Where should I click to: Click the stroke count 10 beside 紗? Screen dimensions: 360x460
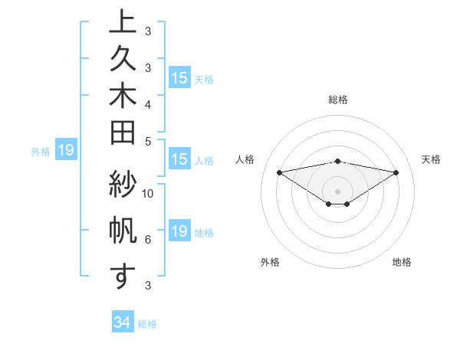[x=148, y=193]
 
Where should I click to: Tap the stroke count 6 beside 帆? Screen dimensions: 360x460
[x=147, y=240]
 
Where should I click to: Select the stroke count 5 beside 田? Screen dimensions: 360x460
[x=147, y=141]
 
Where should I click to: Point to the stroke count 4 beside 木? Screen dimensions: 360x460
[x=147, y=103]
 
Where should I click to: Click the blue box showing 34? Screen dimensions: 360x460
[x=123, y=323]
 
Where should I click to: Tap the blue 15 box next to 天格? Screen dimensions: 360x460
[x=179, y=78]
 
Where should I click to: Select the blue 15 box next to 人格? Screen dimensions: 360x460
[x=179, y=160]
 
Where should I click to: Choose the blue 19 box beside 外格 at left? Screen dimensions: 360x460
[x=65, y=150]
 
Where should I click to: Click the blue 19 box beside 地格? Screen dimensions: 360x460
[x=179, y=231]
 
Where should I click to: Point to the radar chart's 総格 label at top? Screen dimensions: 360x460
[x=338, y=100]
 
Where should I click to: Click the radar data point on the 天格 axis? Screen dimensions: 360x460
[x=396, y=172]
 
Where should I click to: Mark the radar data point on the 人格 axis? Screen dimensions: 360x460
[x=279, y=172]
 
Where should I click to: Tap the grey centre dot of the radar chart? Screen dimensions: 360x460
[x=338, y=191]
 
